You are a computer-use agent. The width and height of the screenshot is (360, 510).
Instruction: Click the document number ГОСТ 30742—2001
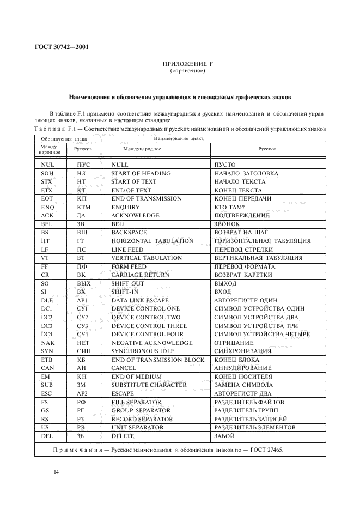click(x=62, y=46)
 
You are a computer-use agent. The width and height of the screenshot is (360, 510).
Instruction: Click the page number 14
click(x=56, y=472)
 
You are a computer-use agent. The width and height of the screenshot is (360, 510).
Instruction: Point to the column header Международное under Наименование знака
click(x=142, y=149)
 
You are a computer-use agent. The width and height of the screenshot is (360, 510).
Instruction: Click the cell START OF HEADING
click(x=141, y=173)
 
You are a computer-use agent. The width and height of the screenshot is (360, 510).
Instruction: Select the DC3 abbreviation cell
click(x=46, y=326)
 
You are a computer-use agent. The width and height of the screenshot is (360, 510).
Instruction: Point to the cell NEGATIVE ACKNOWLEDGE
click(x=151, y=343)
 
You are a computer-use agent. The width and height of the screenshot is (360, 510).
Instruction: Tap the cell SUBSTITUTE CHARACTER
click(x=149, y=385)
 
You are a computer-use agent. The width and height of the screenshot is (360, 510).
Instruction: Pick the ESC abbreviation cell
click(x=46, y=393)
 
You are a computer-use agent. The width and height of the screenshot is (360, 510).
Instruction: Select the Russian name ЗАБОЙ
click(x=225, y=436)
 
